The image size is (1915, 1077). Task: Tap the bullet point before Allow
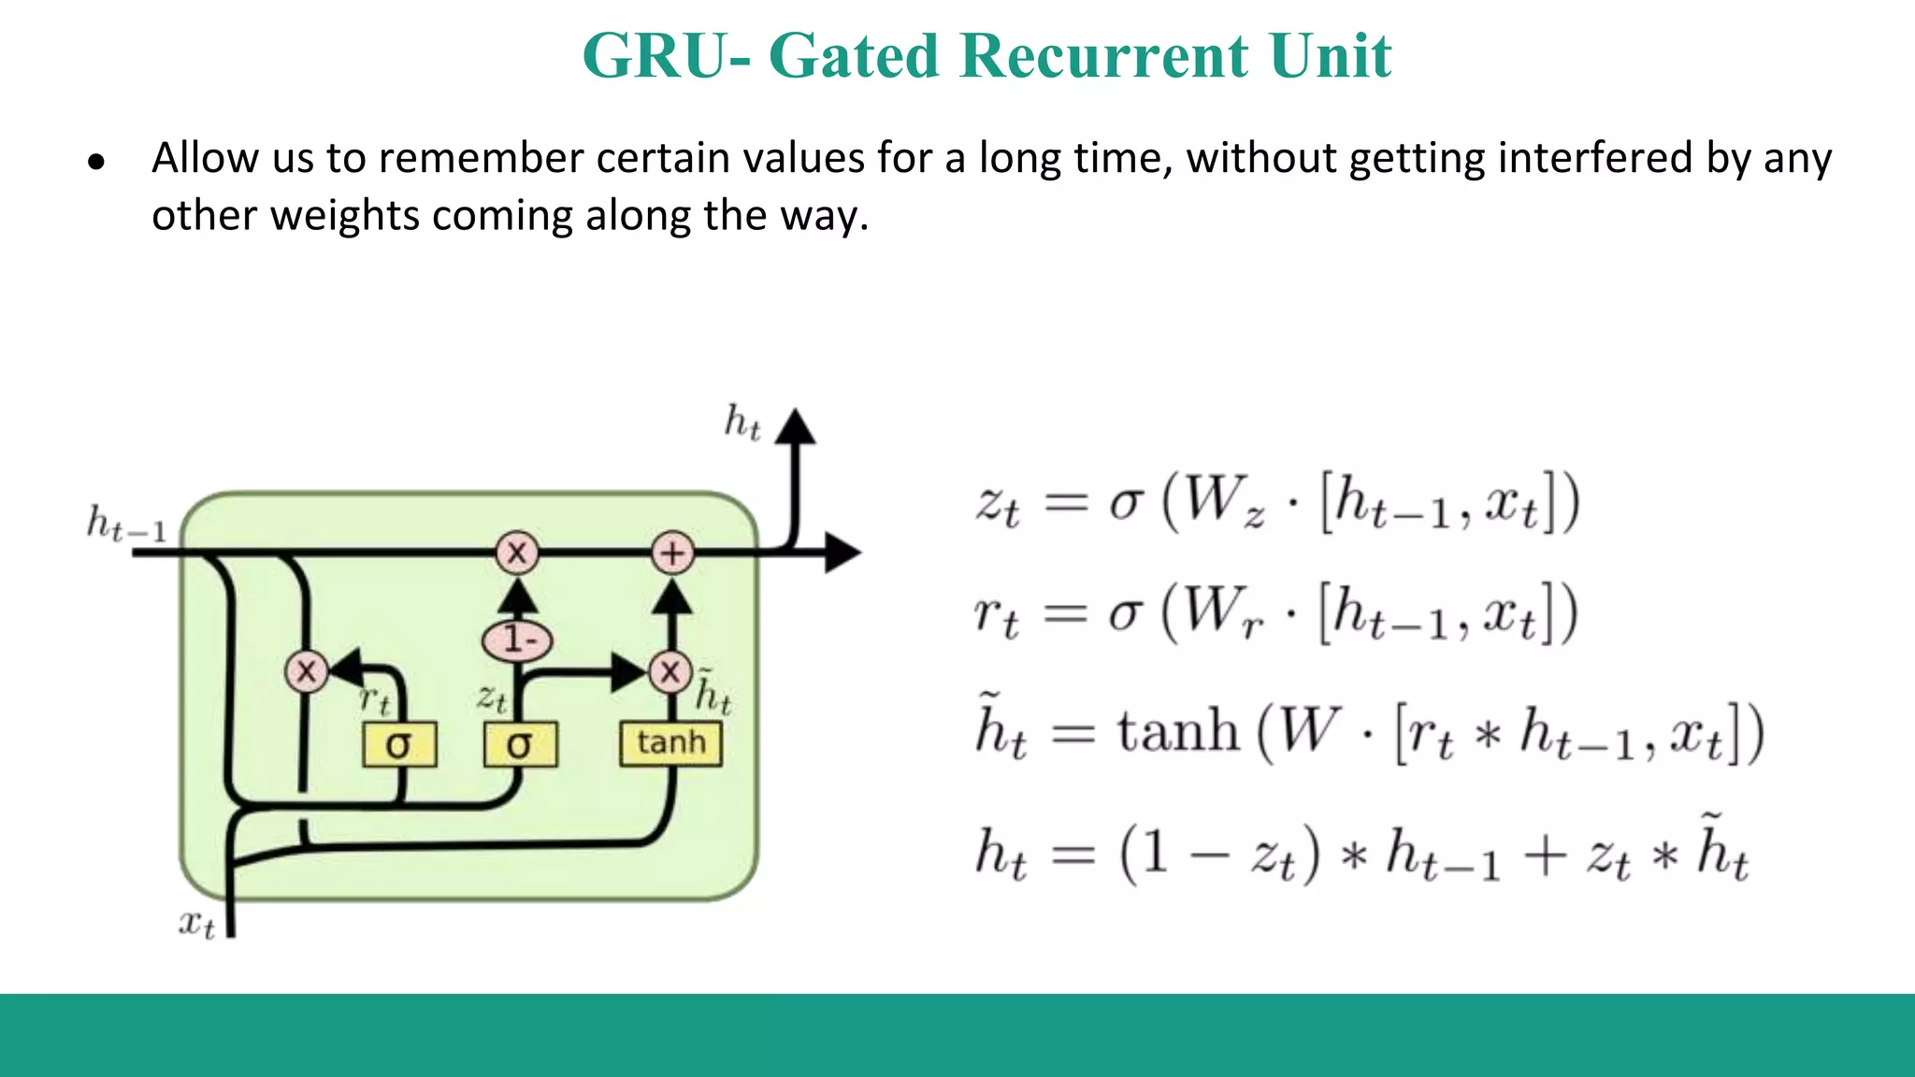[96, 163]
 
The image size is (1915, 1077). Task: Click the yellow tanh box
[670, 743]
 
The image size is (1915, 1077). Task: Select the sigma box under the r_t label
[399, 745]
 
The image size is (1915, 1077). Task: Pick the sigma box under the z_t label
[520, 745]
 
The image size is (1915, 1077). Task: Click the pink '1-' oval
[517, 640]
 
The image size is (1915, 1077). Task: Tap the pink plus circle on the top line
[672, 553]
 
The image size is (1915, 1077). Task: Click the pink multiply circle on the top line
[517, 553]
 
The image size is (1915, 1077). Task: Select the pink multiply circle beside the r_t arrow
[306, 671]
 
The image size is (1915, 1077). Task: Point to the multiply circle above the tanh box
[670, 671]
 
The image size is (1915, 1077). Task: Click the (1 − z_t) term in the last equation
[1220, 854]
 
